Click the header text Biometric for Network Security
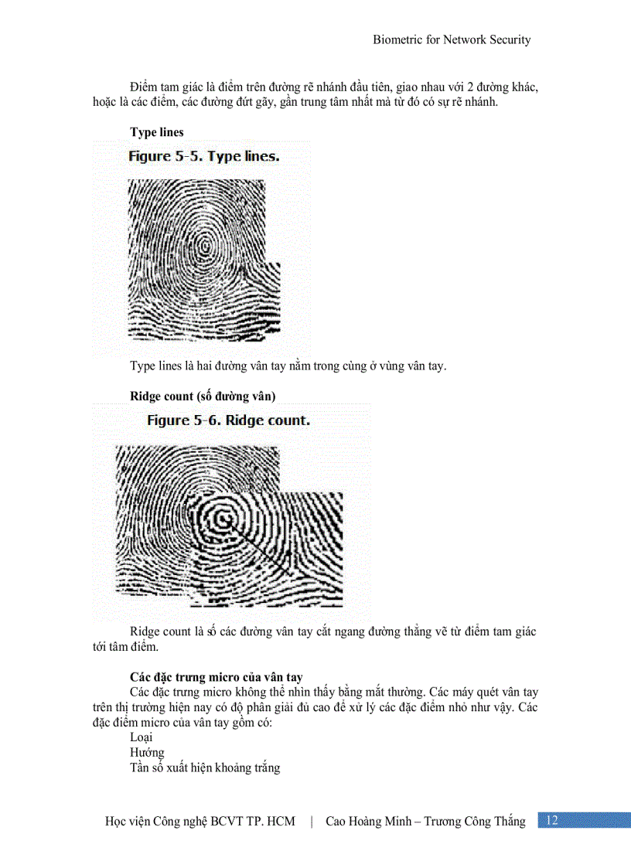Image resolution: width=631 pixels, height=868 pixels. tap(452, 39)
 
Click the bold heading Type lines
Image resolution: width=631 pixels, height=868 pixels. tap(157, 132)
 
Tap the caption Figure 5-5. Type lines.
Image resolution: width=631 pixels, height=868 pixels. tap(203, 157)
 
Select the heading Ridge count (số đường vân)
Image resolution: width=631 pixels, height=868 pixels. tap(203, 396)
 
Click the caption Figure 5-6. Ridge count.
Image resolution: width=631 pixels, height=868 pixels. tap(228, 421)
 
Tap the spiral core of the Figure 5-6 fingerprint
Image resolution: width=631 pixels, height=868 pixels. tap(223, 517)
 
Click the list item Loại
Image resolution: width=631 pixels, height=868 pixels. tap(141, 737)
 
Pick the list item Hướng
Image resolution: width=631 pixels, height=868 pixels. tap(147, 752)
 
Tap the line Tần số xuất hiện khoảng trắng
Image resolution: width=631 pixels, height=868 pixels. tap(205, 768)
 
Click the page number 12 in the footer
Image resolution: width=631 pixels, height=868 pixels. tap(552, 821)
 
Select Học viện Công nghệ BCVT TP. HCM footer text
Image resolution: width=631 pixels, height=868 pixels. tap(200, 821)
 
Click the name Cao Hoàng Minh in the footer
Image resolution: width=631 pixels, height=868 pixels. tap(367, 821)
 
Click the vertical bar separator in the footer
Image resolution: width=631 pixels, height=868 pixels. tap(311, 821)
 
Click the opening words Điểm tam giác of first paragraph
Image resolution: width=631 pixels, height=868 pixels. tap(164, 87)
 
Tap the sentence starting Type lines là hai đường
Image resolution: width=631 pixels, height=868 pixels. tap(288, 366)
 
